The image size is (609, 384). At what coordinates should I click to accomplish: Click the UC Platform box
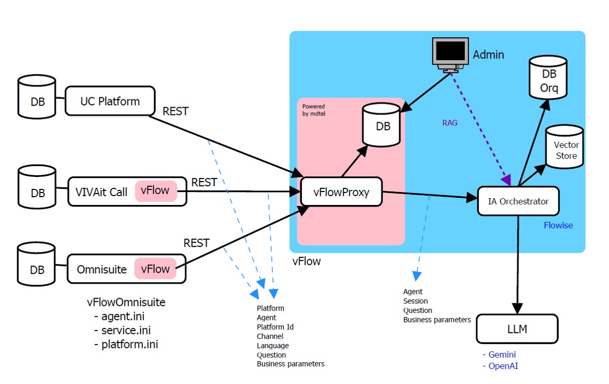tap(110, 101)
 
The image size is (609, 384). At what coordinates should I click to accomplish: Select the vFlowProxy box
tap(341, 192)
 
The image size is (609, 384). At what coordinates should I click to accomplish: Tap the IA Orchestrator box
tap(518, 201)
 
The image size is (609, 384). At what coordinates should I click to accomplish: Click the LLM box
tap(517, 329)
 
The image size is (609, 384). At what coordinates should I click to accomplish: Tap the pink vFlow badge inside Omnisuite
tap(155, 269)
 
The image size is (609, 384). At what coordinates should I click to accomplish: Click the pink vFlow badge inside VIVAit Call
tap(155, 190)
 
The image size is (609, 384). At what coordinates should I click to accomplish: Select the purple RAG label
tap(449, 123)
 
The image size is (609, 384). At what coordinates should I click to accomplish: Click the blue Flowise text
tap(558, 226)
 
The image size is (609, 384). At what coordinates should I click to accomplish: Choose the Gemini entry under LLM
tap(502, 355)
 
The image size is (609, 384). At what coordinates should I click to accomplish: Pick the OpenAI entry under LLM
tap(503, 366)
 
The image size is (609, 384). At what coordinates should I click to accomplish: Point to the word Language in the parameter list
tap(272, 345)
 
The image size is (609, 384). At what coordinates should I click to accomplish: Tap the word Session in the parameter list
tap(416, 301)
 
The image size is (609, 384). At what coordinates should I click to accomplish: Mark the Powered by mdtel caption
tap(314, 110)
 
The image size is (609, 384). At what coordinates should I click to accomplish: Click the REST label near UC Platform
tap(175, 111)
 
